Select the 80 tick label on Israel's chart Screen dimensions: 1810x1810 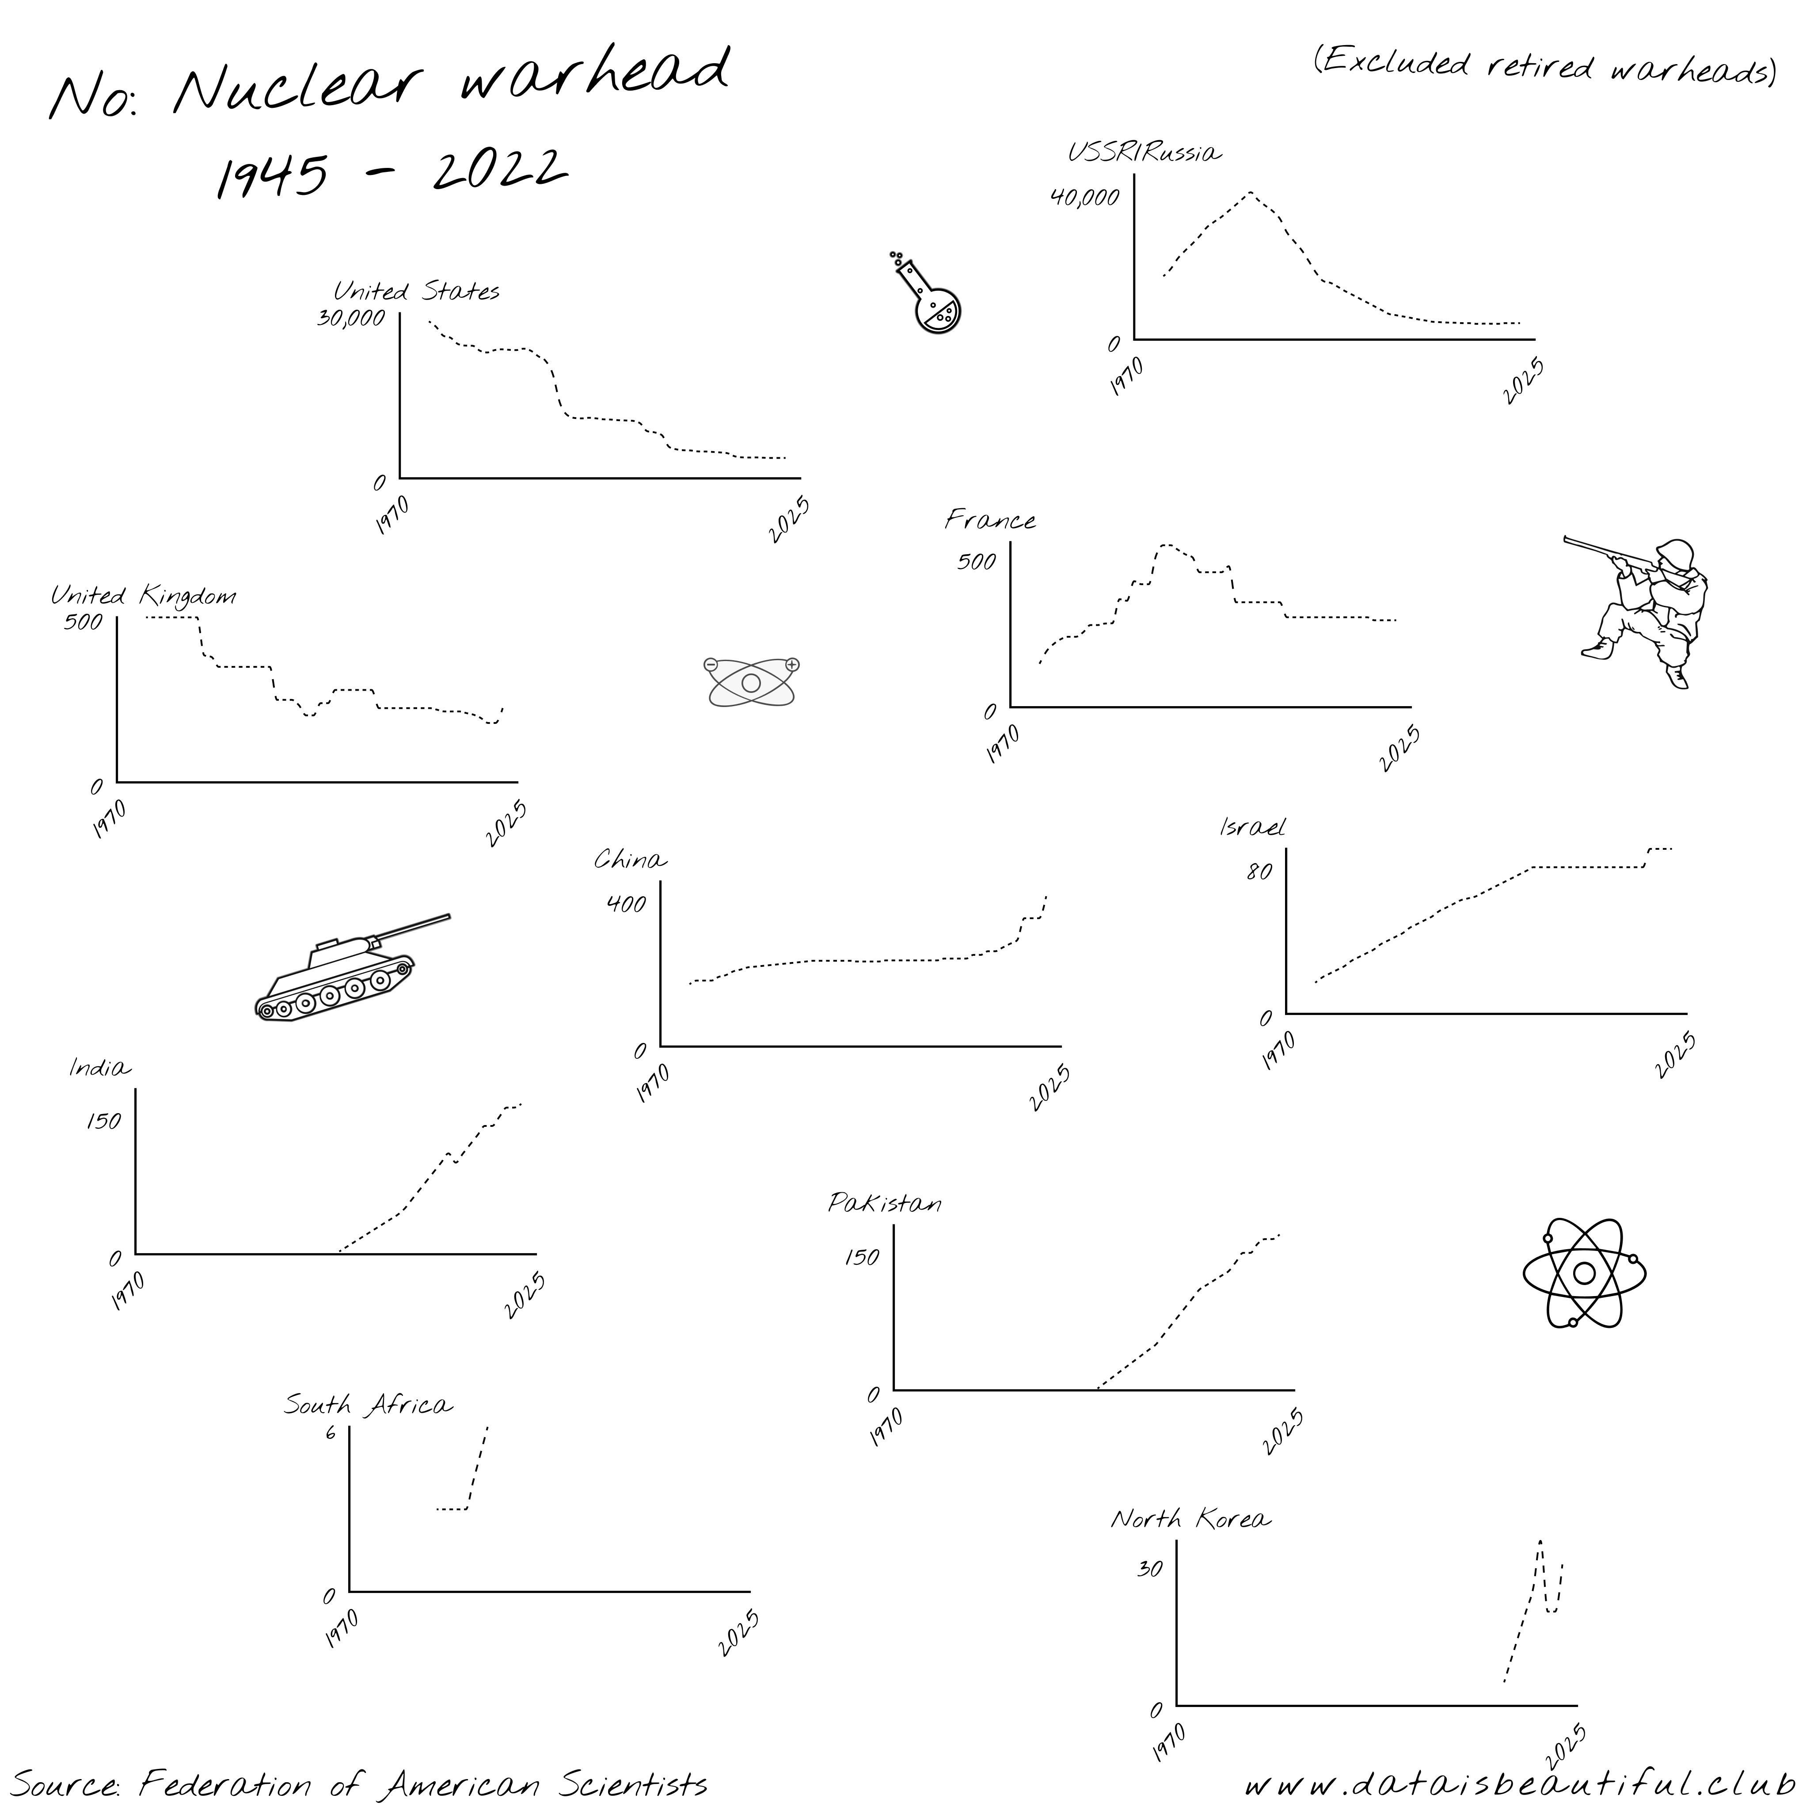tap(1259, 872)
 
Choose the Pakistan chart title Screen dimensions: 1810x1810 tap(884, 1203)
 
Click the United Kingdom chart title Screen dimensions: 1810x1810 tap(142, 596)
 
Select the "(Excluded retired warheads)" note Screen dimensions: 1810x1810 tap(1544, 65)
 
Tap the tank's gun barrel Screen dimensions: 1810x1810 tap(412, 926)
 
